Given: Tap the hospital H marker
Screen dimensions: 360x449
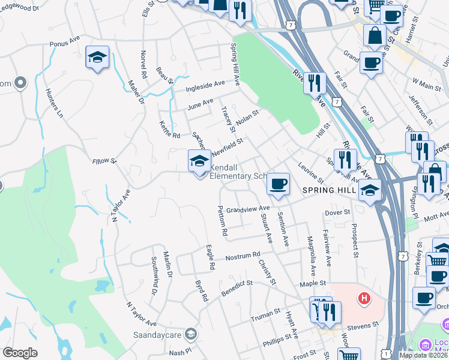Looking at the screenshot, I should tap(364, 298).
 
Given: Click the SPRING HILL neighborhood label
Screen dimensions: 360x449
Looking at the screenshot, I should tap(329, 190).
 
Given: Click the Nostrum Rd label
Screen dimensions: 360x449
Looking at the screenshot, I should tap(243, 256).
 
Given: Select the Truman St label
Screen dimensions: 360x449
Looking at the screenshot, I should tap(265, 313).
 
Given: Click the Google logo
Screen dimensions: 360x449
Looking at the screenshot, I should tap(20, 352).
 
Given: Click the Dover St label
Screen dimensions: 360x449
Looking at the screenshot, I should tap(337, 212).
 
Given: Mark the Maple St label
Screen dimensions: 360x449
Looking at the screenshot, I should tap(313, 283).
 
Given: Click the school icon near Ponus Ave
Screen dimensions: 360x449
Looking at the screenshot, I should tap(97, 58).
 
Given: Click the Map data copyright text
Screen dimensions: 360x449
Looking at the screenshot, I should tap(423, 355).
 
